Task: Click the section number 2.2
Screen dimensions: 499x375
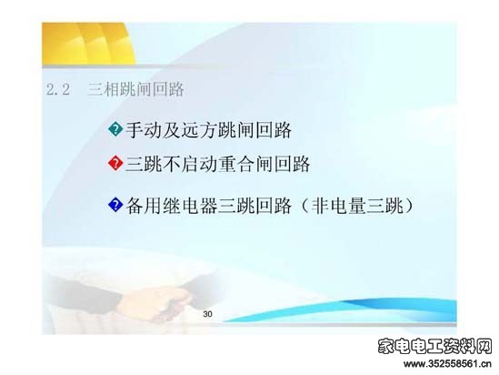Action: click(x=58, y=89)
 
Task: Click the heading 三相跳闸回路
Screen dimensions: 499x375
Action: click(x=136, y=89)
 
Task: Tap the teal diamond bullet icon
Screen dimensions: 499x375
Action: click(x=115, y=129)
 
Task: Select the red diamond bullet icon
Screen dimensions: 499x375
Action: click(x=115, y=163)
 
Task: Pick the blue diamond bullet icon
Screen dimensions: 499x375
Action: click(x=115, y=205)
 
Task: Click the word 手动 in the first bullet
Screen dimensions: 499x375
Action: click(x=144, y=130)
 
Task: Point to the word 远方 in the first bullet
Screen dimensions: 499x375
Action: click(x=200, y=130)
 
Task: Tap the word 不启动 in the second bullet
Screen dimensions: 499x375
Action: click(x=172, y=164)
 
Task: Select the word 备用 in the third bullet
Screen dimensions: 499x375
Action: click(x=144, y=206)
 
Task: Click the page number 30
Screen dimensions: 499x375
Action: click(x=207, y=314)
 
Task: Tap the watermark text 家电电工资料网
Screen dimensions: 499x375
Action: click(x=435, y=346)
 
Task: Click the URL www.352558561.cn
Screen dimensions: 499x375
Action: click(x=447, y=363)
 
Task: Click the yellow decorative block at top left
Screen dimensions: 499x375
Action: click(x=88, y=44)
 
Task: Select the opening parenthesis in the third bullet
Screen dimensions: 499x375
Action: click(x=304, y=206)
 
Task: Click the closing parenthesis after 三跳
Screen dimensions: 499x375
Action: click(x=409, y=206)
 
